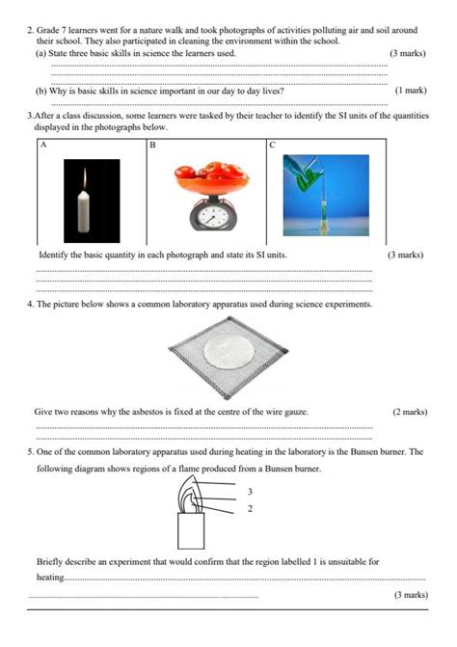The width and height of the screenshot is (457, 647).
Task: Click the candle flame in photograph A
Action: pos(85,176)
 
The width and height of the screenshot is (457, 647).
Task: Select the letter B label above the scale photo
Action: pos(152,146)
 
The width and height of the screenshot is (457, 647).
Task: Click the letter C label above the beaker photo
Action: pos(272,146)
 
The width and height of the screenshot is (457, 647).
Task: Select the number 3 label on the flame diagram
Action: pos(250,491)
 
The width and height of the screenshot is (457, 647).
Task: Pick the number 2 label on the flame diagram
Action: pos(250,508)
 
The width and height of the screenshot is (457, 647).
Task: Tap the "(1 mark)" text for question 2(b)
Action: pos(410,91)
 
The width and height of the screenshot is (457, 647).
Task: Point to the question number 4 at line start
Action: pos(30,304)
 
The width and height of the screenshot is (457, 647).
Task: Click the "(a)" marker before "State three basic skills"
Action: pos(41,54)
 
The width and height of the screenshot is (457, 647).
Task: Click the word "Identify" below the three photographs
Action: pos(54,256)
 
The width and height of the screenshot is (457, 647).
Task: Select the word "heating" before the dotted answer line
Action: pos(49,578)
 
